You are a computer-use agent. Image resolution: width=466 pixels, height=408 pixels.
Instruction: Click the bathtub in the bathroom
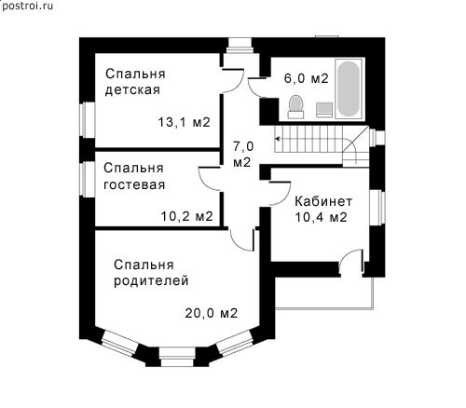pos(349,88)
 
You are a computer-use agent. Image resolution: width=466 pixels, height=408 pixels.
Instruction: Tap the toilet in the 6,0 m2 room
pos(295,107)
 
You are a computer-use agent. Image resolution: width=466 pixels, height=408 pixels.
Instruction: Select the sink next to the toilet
pos(324,110)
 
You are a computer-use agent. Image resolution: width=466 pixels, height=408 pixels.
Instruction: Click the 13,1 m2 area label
pos(185,122)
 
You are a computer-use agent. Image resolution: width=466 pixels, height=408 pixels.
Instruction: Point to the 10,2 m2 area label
pos(186,216)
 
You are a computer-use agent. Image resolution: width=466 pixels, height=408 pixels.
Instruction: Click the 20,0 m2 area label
pos(212,313)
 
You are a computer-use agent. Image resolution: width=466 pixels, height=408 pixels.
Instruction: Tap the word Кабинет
pos(323,201)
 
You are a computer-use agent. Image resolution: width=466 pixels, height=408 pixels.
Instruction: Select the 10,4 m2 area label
pos(321,217)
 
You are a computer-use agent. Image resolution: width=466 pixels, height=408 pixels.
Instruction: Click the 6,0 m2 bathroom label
pos(306,78)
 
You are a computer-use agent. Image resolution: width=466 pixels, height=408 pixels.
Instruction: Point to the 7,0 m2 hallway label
pos(243,155)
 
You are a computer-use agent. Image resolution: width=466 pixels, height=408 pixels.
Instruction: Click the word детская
pos(132,90)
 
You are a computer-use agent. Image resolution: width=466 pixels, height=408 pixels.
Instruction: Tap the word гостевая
pos(134,184)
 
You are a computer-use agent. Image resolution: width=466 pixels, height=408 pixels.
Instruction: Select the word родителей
pos(151,281)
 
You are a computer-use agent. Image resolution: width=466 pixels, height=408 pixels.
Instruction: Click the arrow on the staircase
pos(278,139)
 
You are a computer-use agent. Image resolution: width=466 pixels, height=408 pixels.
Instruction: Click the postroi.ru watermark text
pos(27,6)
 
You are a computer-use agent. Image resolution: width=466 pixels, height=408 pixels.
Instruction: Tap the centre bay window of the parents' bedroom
pos(177,357)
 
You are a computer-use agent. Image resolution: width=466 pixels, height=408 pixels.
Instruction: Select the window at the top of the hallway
pos(239,46)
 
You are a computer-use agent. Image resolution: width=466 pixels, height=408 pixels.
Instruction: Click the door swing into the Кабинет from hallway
pos(280,194)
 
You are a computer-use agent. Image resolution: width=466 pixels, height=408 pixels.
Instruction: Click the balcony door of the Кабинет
pos(351,261)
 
